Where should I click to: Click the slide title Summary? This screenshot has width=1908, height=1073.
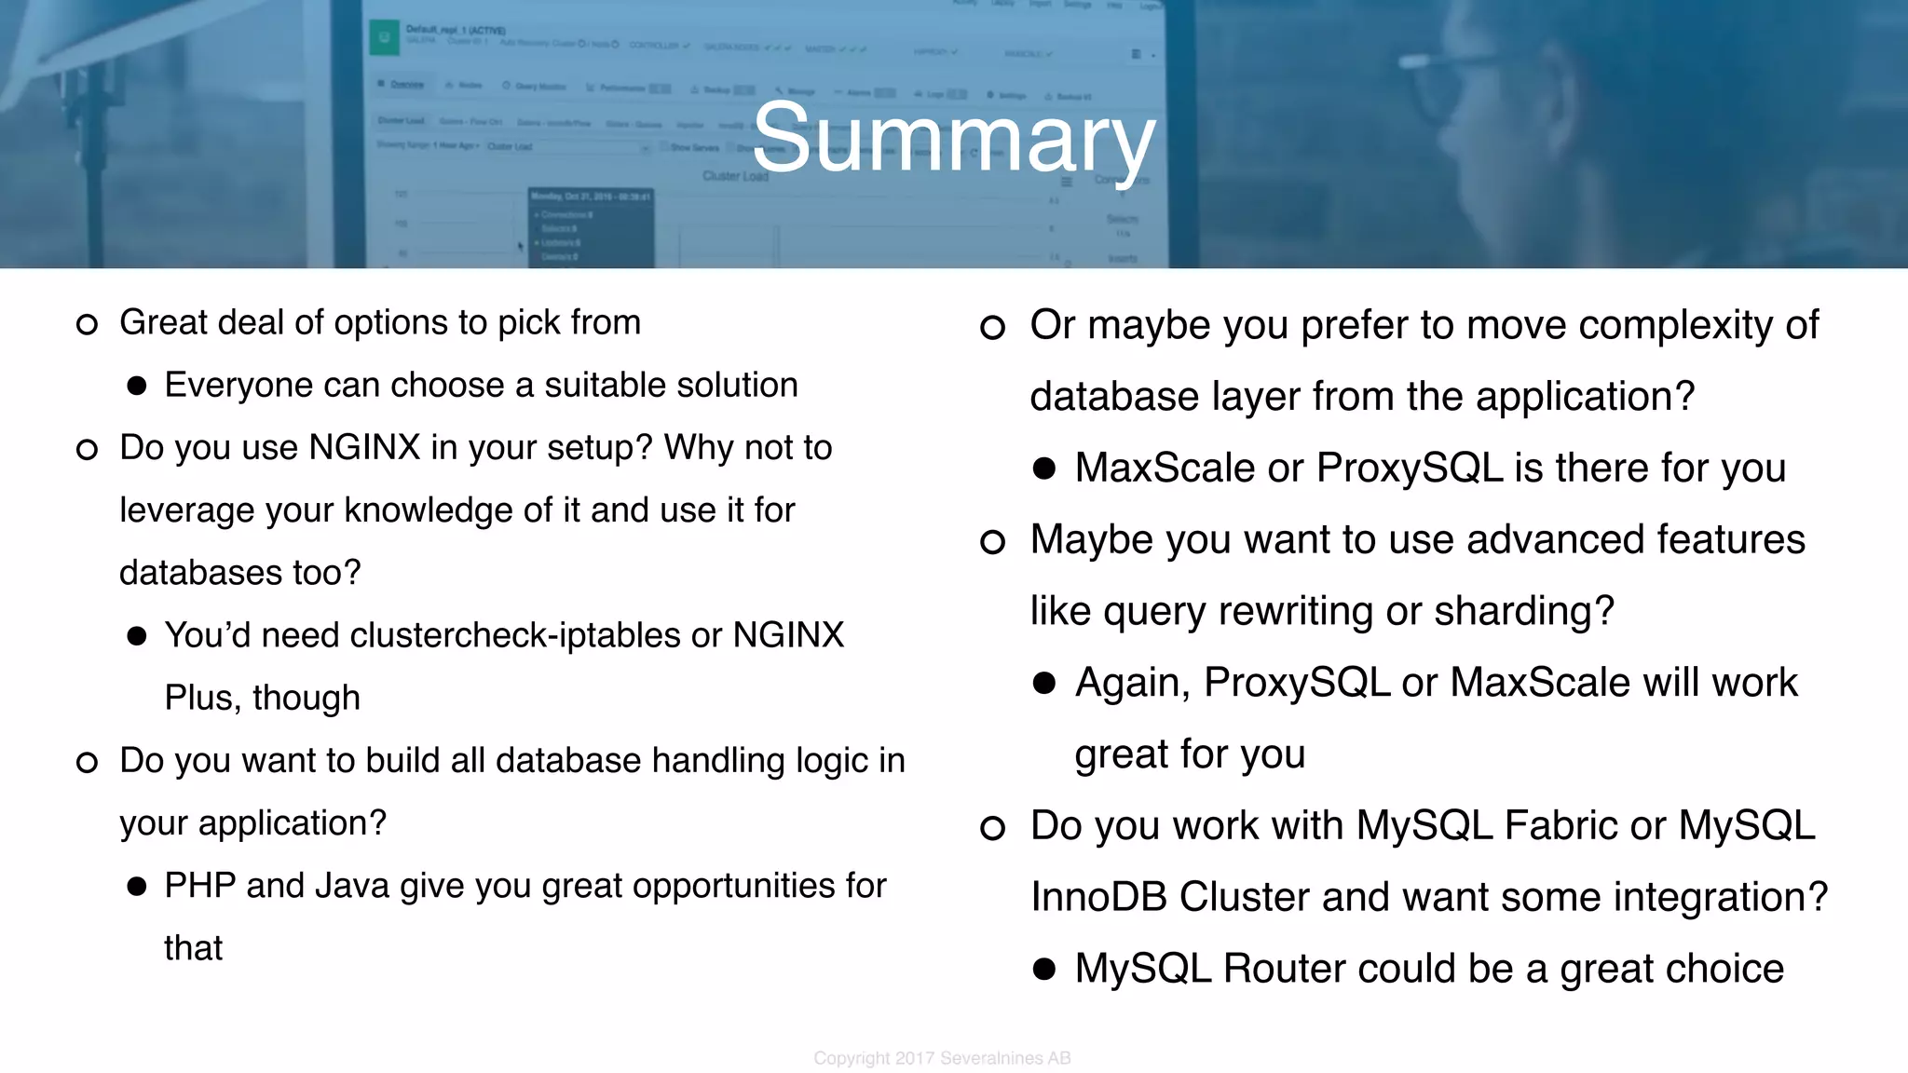tap(953, 140)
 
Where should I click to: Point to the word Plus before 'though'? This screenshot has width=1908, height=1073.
tap(202, 698)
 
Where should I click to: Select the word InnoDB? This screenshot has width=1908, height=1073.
tap(1099, 897)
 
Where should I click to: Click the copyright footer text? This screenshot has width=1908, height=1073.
tap(942, 1058)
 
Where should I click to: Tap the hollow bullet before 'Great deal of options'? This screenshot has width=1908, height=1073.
tap(87, 324)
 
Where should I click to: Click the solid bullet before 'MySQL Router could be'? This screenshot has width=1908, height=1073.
tap(1043, 970)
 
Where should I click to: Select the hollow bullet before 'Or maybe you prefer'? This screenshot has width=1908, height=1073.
tap(992, 327)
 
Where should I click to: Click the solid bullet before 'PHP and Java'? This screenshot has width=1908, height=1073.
tap(137, 887)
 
